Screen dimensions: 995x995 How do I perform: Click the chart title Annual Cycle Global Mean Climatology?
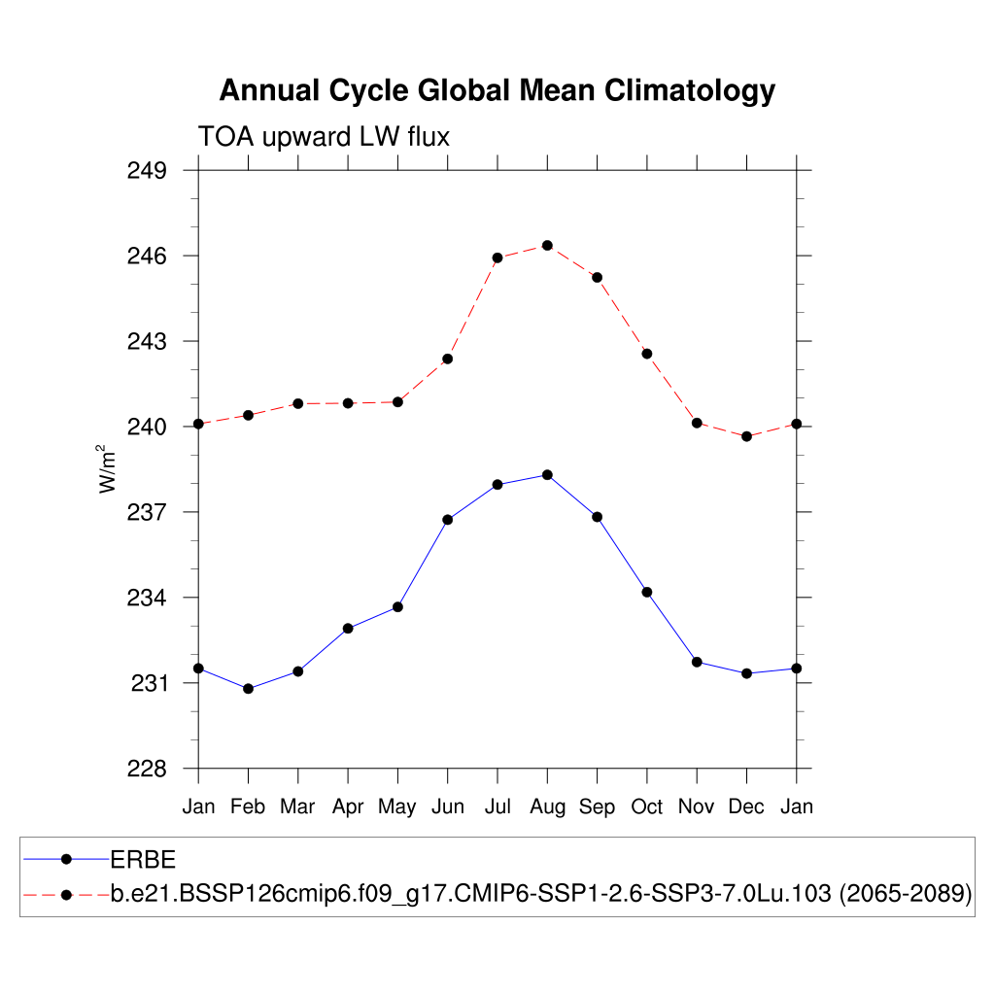tap(497, 90)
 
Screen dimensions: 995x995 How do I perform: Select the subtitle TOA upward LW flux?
tap(324, 137)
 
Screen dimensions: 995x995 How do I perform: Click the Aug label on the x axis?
tap(547, 806)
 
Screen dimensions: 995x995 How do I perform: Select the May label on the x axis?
tap(397, 806)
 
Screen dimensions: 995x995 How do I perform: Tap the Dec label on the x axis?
tap(746, 806)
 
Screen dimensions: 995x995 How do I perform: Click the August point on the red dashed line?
tap(547, 245)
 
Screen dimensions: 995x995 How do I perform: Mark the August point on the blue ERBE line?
tap(547, 474)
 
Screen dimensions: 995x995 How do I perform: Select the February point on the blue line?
tap(248, 689)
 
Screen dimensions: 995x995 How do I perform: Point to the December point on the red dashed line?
tap(746, 436)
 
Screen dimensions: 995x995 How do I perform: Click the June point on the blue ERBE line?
tap(448, 520)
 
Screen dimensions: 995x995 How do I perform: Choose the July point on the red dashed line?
tap(497, 257)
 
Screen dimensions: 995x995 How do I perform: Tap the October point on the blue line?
tap(646, 592)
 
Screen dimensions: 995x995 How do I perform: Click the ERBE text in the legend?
tap(142, 859)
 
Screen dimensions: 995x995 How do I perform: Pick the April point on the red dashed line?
tap(348, 403)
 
